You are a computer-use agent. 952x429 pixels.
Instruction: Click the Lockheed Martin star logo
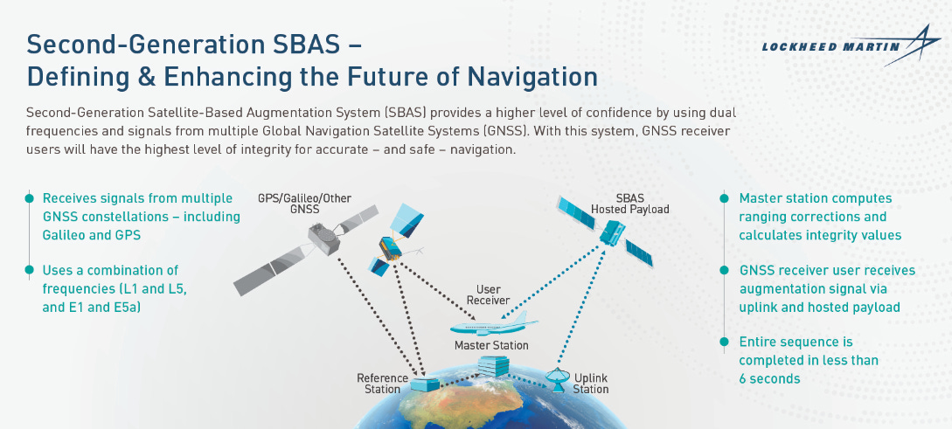[916, 45]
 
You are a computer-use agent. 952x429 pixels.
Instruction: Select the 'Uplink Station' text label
[590, 384]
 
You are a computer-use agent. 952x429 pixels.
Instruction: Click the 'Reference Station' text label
[382, 384]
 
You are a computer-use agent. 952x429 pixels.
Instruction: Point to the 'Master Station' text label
[491, 345]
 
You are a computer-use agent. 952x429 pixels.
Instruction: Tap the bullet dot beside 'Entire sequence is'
[723, 342]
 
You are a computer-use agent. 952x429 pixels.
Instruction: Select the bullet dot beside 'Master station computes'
[723, 198]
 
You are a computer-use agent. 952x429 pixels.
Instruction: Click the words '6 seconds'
[769, 379]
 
